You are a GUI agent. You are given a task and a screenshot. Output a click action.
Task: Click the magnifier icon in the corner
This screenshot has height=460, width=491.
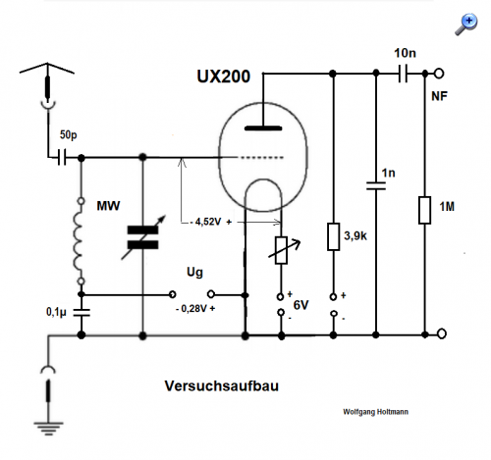point(466,25)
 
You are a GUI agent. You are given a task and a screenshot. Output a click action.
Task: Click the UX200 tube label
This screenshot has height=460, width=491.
point(224,77)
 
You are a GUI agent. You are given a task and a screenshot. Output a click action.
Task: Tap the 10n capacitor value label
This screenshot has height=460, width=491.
point(405,53)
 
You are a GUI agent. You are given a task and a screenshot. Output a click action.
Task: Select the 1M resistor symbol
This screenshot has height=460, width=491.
point(424,210)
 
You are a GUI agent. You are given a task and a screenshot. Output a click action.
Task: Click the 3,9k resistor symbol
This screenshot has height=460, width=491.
point(333,236)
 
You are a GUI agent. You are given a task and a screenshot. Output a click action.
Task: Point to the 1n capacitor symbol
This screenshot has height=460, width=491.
point(376,185)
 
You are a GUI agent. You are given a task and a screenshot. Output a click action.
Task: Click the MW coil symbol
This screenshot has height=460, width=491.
point(79,241)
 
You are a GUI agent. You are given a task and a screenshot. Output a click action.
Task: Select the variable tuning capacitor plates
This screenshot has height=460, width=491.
point(142,237)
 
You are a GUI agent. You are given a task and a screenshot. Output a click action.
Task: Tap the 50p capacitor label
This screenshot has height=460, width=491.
point(69,134)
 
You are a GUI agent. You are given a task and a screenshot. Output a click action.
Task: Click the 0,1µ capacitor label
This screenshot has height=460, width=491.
point(56,312)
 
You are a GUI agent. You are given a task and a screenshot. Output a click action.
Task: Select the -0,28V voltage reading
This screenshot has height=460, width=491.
point(195,308)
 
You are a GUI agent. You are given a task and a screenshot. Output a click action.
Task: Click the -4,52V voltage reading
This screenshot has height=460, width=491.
point(211,222)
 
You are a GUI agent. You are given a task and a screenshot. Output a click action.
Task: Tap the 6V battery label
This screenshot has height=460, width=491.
point(300,305)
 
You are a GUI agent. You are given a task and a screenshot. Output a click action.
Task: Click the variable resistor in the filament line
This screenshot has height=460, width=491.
point(282,250)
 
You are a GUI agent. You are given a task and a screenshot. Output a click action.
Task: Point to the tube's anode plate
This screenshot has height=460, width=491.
point(263,128)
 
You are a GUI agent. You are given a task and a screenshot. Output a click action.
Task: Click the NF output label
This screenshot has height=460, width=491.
point(439,96)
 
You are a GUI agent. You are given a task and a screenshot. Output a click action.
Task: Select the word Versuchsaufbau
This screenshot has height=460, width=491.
point(222,385)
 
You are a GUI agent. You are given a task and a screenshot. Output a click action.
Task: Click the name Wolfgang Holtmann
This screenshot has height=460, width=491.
point(375,412)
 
